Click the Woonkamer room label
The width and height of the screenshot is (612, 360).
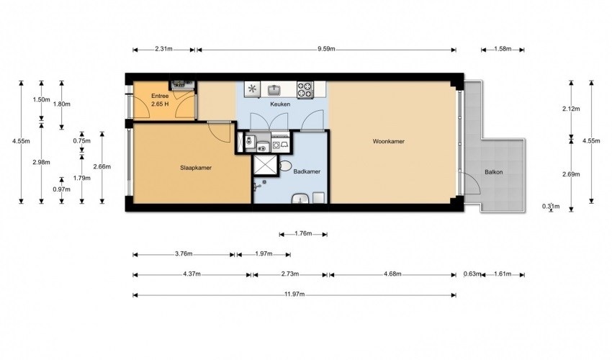coord(388,141)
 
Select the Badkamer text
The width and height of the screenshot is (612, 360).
coord(307,171)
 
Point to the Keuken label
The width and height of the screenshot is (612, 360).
coord(280,104)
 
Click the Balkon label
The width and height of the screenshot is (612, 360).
coord(494,172)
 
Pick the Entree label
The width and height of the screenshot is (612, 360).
coord(160,96)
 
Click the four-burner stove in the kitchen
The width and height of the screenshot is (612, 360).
coord(305,89)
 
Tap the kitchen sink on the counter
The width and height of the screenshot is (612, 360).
coord(275,90)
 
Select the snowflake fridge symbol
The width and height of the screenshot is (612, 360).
coord(252,89)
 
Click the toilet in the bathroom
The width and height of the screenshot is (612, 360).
coord(286,166)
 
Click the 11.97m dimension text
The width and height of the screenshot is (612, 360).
coord(294,294)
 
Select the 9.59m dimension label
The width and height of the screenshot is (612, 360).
coord(326,49)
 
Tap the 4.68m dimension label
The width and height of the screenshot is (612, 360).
coord(392,274)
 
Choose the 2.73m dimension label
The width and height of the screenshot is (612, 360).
coord(290,274)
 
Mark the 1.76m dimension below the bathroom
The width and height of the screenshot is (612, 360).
coord(303,233)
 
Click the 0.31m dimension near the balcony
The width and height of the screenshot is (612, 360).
coord(551,206)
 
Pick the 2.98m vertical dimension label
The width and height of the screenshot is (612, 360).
coord(41,162)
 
